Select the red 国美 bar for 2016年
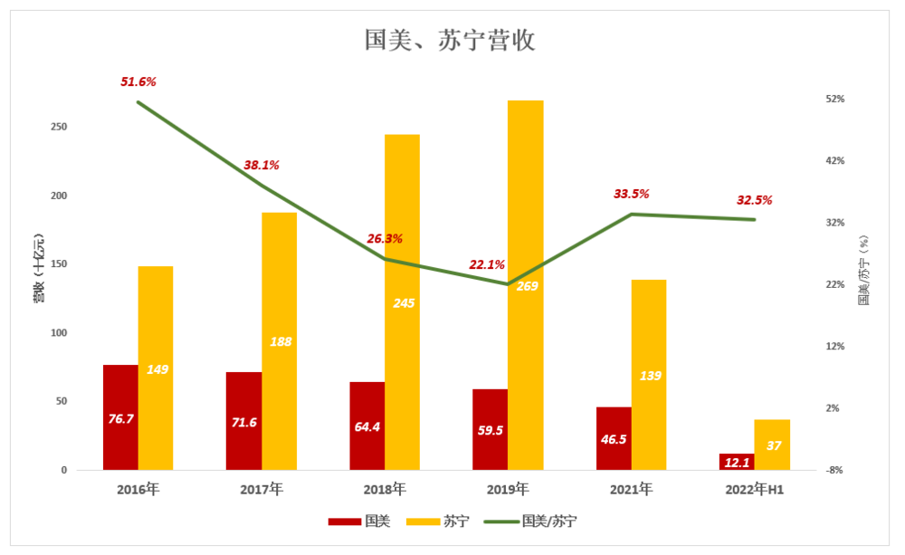pyautogui.click(x=120, y=417)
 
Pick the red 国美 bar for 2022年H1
pyautogui.click(x=737, y=462)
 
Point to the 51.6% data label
pyautogui.click(x=138, y=81)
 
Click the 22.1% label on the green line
pyautogui.click(x=487, y=264)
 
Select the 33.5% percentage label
pyautogui.click(x=632, y=194)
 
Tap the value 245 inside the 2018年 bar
pyautogui.click(x=404, y=302)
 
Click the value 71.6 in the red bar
pyautogui.click(x=244, y=423)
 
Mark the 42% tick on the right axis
pyautogui.click(x=834, y=160)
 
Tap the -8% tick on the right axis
pyautogui.click(x=834, y=470)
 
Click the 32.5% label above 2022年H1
pyautogui.click(x=755, y=200)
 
